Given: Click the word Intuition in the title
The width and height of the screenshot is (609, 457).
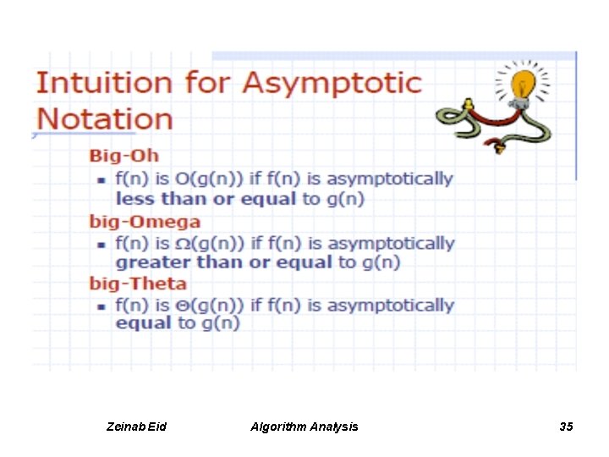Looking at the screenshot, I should coord(102,84).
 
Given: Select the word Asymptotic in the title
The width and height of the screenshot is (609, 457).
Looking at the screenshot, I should coord(332,84).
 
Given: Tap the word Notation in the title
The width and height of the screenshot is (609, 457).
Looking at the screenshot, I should coord(104,118).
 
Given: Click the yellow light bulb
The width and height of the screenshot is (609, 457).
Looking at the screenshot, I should coord(524,85).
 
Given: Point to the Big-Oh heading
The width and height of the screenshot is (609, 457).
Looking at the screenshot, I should coord(124,157).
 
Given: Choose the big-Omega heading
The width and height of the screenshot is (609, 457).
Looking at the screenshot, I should coord(145,222).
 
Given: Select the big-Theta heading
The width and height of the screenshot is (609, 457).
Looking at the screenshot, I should coord(139,284).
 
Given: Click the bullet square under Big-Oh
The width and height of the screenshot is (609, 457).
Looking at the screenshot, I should coord(100,179).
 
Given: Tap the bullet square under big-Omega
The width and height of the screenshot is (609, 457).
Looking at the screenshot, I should coord(100,244).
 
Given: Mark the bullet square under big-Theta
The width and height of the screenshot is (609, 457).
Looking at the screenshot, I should coord(100,306).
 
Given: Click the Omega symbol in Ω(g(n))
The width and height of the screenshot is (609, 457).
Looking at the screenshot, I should coord(184,244).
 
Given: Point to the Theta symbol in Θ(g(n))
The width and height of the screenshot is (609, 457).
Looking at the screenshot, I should coord(184,306).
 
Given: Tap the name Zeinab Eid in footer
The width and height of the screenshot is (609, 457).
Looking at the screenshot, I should coord(137,427).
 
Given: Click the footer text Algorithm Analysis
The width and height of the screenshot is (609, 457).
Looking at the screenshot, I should coord(304,427).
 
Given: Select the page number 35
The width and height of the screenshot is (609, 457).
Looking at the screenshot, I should coord(566,427).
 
